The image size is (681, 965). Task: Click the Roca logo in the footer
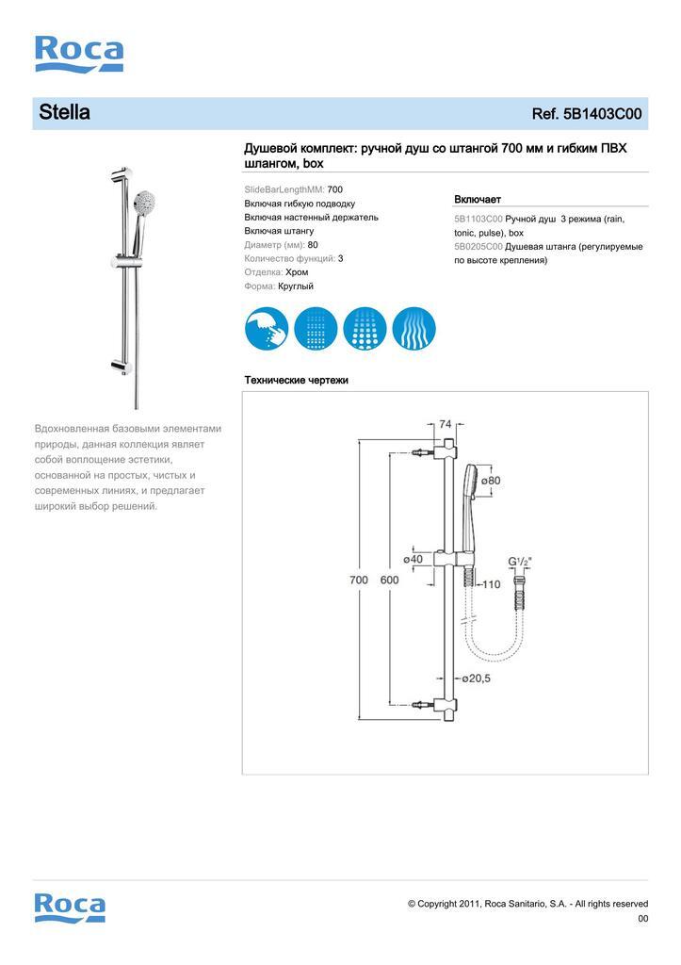click(70, 907)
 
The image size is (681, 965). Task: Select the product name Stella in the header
click(64, 113)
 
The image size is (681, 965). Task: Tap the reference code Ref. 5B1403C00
click(587, 114)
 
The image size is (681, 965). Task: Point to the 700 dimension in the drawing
click(359, 581)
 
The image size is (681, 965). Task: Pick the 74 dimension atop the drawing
click(446, 425)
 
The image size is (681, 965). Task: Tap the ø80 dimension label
click(491, 481)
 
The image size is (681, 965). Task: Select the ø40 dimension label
click(413, 559)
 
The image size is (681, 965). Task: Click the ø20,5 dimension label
click(477, 678)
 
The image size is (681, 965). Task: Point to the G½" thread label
click(520, 563)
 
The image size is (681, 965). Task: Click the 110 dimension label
click(491, 584)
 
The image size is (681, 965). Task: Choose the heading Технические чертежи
click(296, 381)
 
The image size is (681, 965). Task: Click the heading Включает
click(478, 200)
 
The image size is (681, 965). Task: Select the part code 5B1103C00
click(478, 219)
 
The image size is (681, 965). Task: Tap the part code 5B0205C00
click(478, 246)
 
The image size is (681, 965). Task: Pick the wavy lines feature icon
click(413, 329)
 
